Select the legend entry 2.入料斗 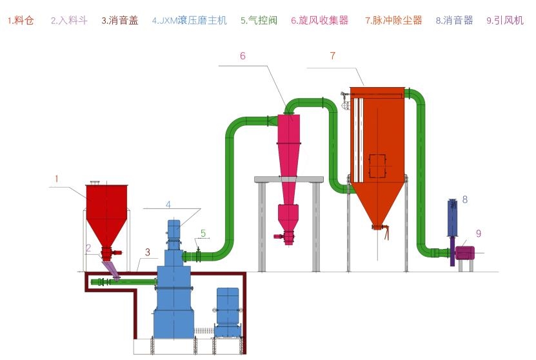[x=69, y=21]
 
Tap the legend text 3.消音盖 [x=120, y=21]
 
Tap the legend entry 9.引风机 [x=504, y=21]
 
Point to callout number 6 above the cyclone [x=243, y=56]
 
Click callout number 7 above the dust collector [x=332, y=56]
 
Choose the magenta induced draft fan [x=464, y=252]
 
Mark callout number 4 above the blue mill [x=168, y=205]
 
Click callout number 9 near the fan [x=478, y=234]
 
